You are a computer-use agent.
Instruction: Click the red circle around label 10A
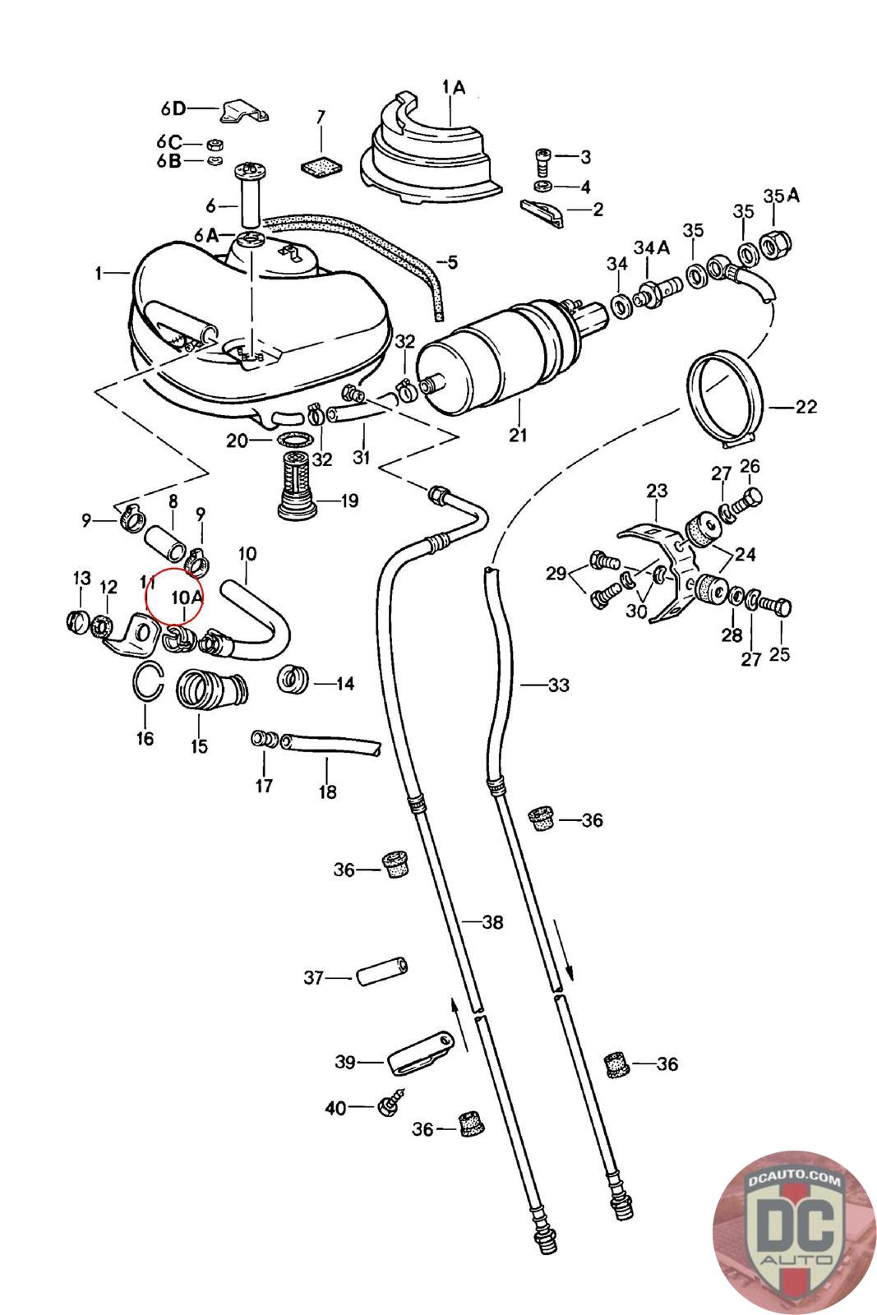(x=173, y=569)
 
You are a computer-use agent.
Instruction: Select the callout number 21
(x=518, y=435)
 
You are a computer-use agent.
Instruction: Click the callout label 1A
(x=454, y=87)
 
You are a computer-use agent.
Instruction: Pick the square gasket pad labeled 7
(x=322, y=166)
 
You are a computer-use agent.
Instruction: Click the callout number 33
(x=559, y=685)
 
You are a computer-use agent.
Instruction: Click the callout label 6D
(x=173, y=108)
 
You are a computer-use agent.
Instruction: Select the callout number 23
(x=657, y=490)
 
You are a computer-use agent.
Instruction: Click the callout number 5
(x=452, y=262)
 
